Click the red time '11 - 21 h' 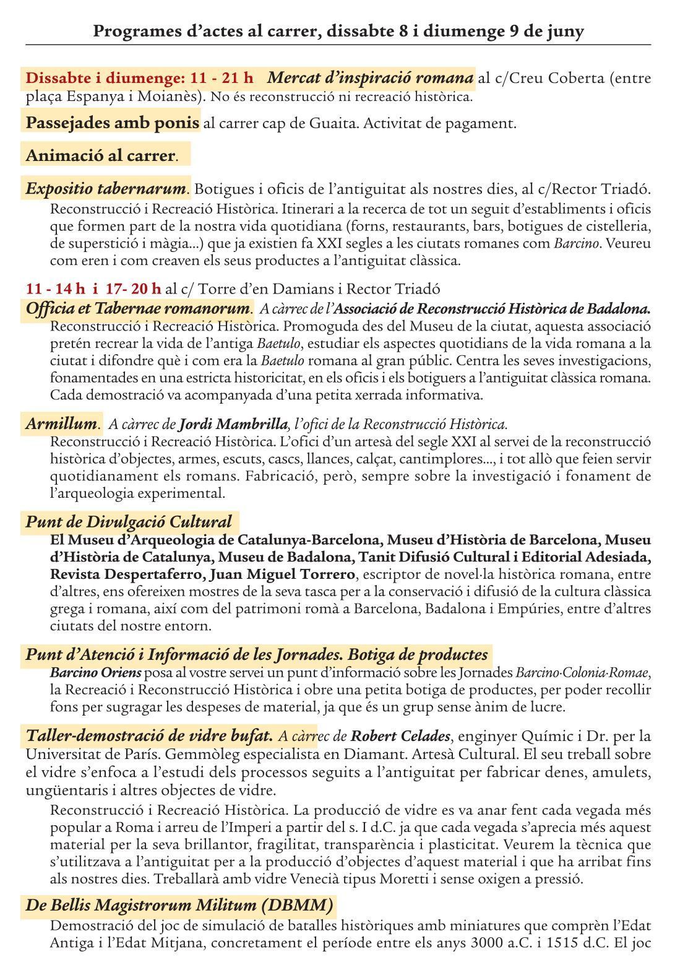click(x=222, y=79)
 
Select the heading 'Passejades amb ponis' click(x=113, y=123)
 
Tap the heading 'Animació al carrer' click(x=101, y=155)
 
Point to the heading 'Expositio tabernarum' click(x=106, y=188)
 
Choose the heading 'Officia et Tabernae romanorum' click(x=138, y=308)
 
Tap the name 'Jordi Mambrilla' click(x=233, y=425)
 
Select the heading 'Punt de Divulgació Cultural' click(x=129, y=522)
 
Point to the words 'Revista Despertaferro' click(x=127, y=574)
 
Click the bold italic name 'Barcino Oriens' click(x=96, y=672)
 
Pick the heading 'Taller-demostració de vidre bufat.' click(x=149, y=736)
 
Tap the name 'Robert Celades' click(x=400, y=737)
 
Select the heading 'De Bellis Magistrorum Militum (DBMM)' click(x=179, y=905)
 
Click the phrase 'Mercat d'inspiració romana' click(x=371, y=79)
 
